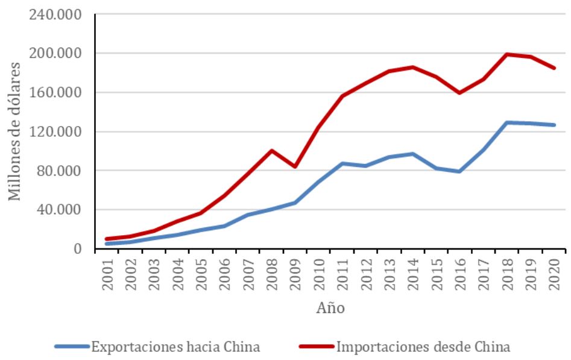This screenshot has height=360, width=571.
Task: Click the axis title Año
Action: click(x=330, y=308)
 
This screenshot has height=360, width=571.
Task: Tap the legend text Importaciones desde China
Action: click(x=423, y=347)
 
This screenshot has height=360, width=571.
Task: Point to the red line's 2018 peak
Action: click(x=508, y=54)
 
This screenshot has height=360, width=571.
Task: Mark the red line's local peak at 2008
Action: click(x=272, y=150)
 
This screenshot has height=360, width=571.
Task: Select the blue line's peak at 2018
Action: click(x=508, y=122)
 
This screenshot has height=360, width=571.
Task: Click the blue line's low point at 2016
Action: click(x=460, y=171)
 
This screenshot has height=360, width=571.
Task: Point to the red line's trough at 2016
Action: click(x=460, y=93)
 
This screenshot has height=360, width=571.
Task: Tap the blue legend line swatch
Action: click(x=71, y=347)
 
